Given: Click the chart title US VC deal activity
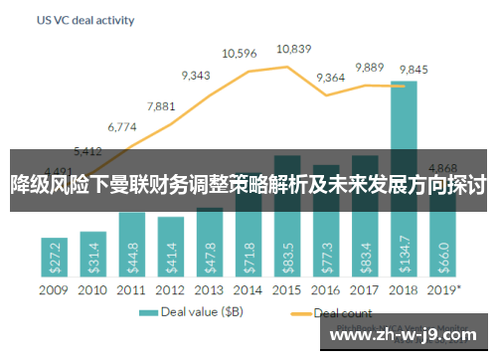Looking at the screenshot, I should [86, 19].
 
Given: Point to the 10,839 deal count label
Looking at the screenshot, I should [293, 48].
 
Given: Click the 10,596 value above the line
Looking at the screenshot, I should [241, 53].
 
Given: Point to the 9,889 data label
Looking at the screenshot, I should [369, 67].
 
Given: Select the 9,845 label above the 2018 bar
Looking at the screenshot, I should [413, 69].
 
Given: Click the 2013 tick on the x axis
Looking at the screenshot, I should [209, 290].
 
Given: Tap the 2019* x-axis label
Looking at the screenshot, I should [444, 290].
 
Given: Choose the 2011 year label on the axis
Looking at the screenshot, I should [131, 290].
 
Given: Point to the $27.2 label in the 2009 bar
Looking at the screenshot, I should [54, 257].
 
